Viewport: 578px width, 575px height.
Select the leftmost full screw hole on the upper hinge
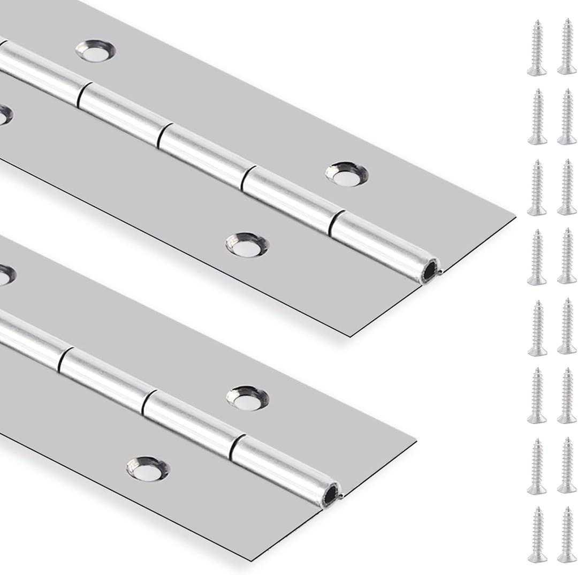coord(95,50)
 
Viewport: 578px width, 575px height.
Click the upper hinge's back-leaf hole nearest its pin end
coord(347,173)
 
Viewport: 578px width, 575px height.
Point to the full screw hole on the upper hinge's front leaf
coord(247,244)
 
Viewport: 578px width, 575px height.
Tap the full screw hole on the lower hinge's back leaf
coord(247,397)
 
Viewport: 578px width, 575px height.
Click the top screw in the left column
coord(537,47)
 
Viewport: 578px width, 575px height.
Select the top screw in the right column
coord(567,47)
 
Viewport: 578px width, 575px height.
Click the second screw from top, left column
coord(537,117)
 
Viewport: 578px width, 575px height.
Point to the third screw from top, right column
coord(567,187)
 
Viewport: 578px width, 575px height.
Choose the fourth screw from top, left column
coord(537,256)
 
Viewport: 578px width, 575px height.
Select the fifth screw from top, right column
coord(567,326)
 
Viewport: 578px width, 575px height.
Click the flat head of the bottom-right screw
coord(567,557)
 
